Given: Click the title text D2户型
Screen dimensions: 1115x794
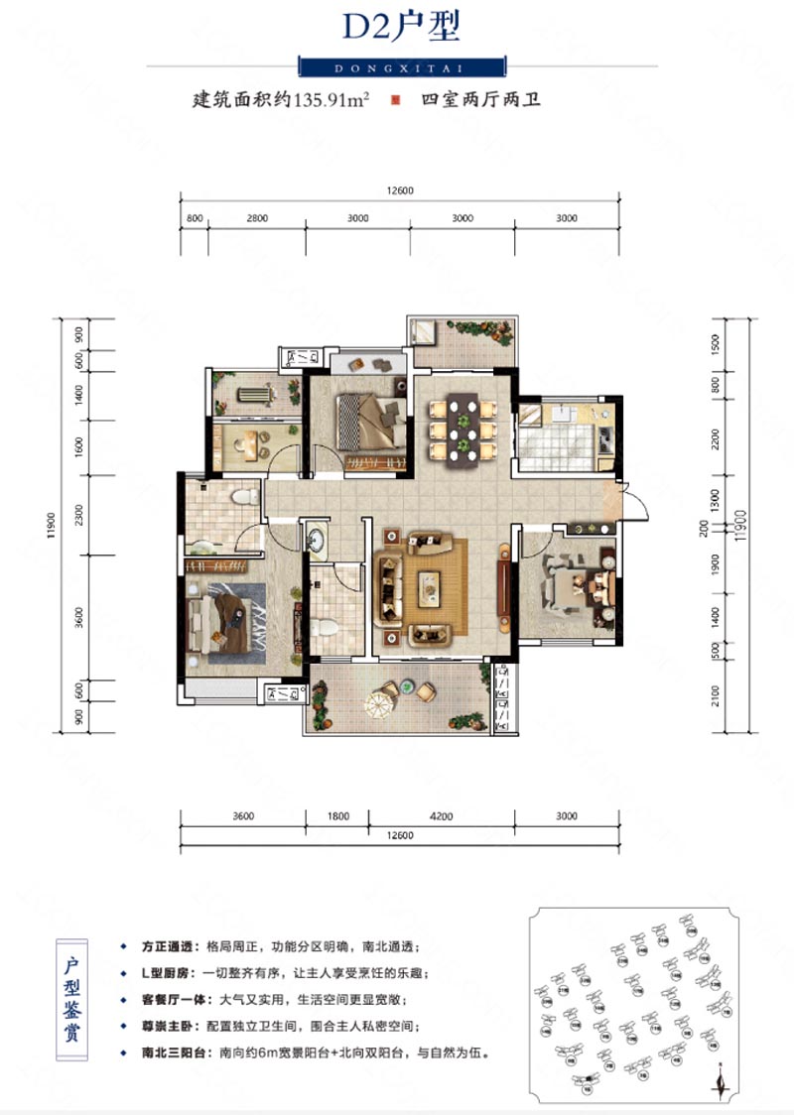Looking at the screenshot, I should click(x=401, y=27).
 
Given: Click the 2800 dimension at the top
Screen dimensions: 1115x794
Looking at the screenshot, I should click(x=257, y=218).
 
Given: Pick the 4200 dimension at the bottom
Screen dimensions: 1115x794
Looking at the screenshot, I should click(x=441, y=817).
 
